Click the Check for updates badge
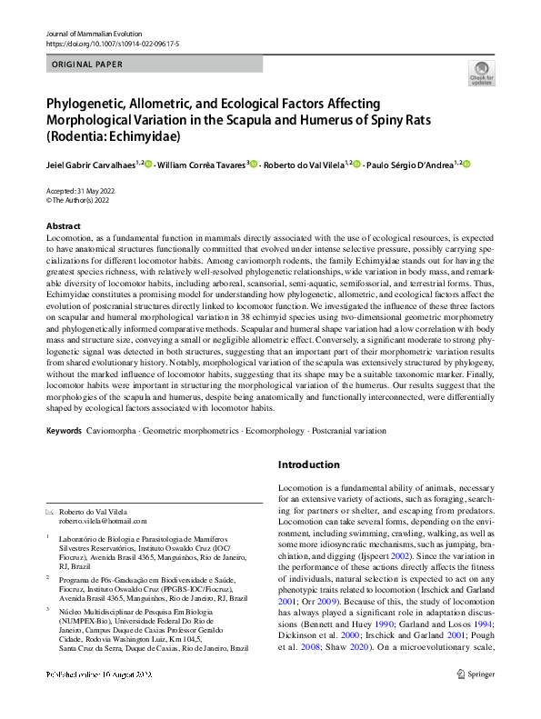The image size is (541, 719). tap(481, 73)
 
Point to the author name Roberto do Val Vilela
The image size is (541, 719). tap(303, 165)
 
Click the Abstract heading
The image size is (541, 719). tap(64, 225)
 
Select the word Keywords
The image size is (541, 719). tap(63, 428)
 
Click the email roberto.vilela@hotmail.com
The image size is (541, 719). tap(103, 521)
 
